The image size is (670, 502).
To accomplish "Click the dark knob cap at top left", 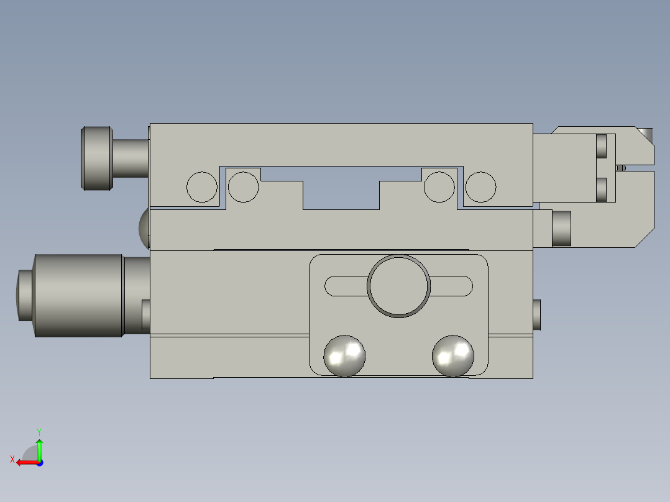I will (98, 158).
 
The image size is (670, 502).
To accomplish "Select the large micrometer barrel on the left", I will (78, 296).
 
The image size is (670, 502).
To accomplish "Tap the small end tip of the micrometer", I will (24, 296).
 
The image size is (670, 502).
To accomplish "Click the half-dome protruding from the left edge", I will (144, 227).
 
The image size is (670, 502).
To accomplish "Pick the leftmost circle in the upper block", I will (202, 186).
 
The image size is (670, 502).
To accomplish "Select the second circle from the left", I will (244, 186).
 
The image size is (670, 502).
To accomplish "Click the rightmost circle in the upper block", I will (481, 186).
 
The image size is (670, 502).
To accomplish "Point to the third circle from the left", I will (439, 186).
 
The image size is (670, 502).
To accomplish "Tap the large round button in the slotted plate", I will (398, 286).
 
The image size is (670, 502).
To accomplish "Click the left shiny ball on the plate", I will (344, 356).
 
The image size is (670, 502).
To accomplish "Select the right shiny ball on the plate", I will (453, 356).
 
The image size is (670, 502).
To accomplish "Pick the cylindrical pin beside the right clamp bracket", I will (561, 229).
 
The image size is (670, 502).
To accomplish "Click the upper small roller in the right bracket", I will (601, 146).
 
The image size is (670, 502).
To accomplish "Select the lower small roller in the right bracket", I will (601, 189).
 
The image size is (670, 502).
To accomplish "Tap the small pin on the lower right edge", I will (537, 314).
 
